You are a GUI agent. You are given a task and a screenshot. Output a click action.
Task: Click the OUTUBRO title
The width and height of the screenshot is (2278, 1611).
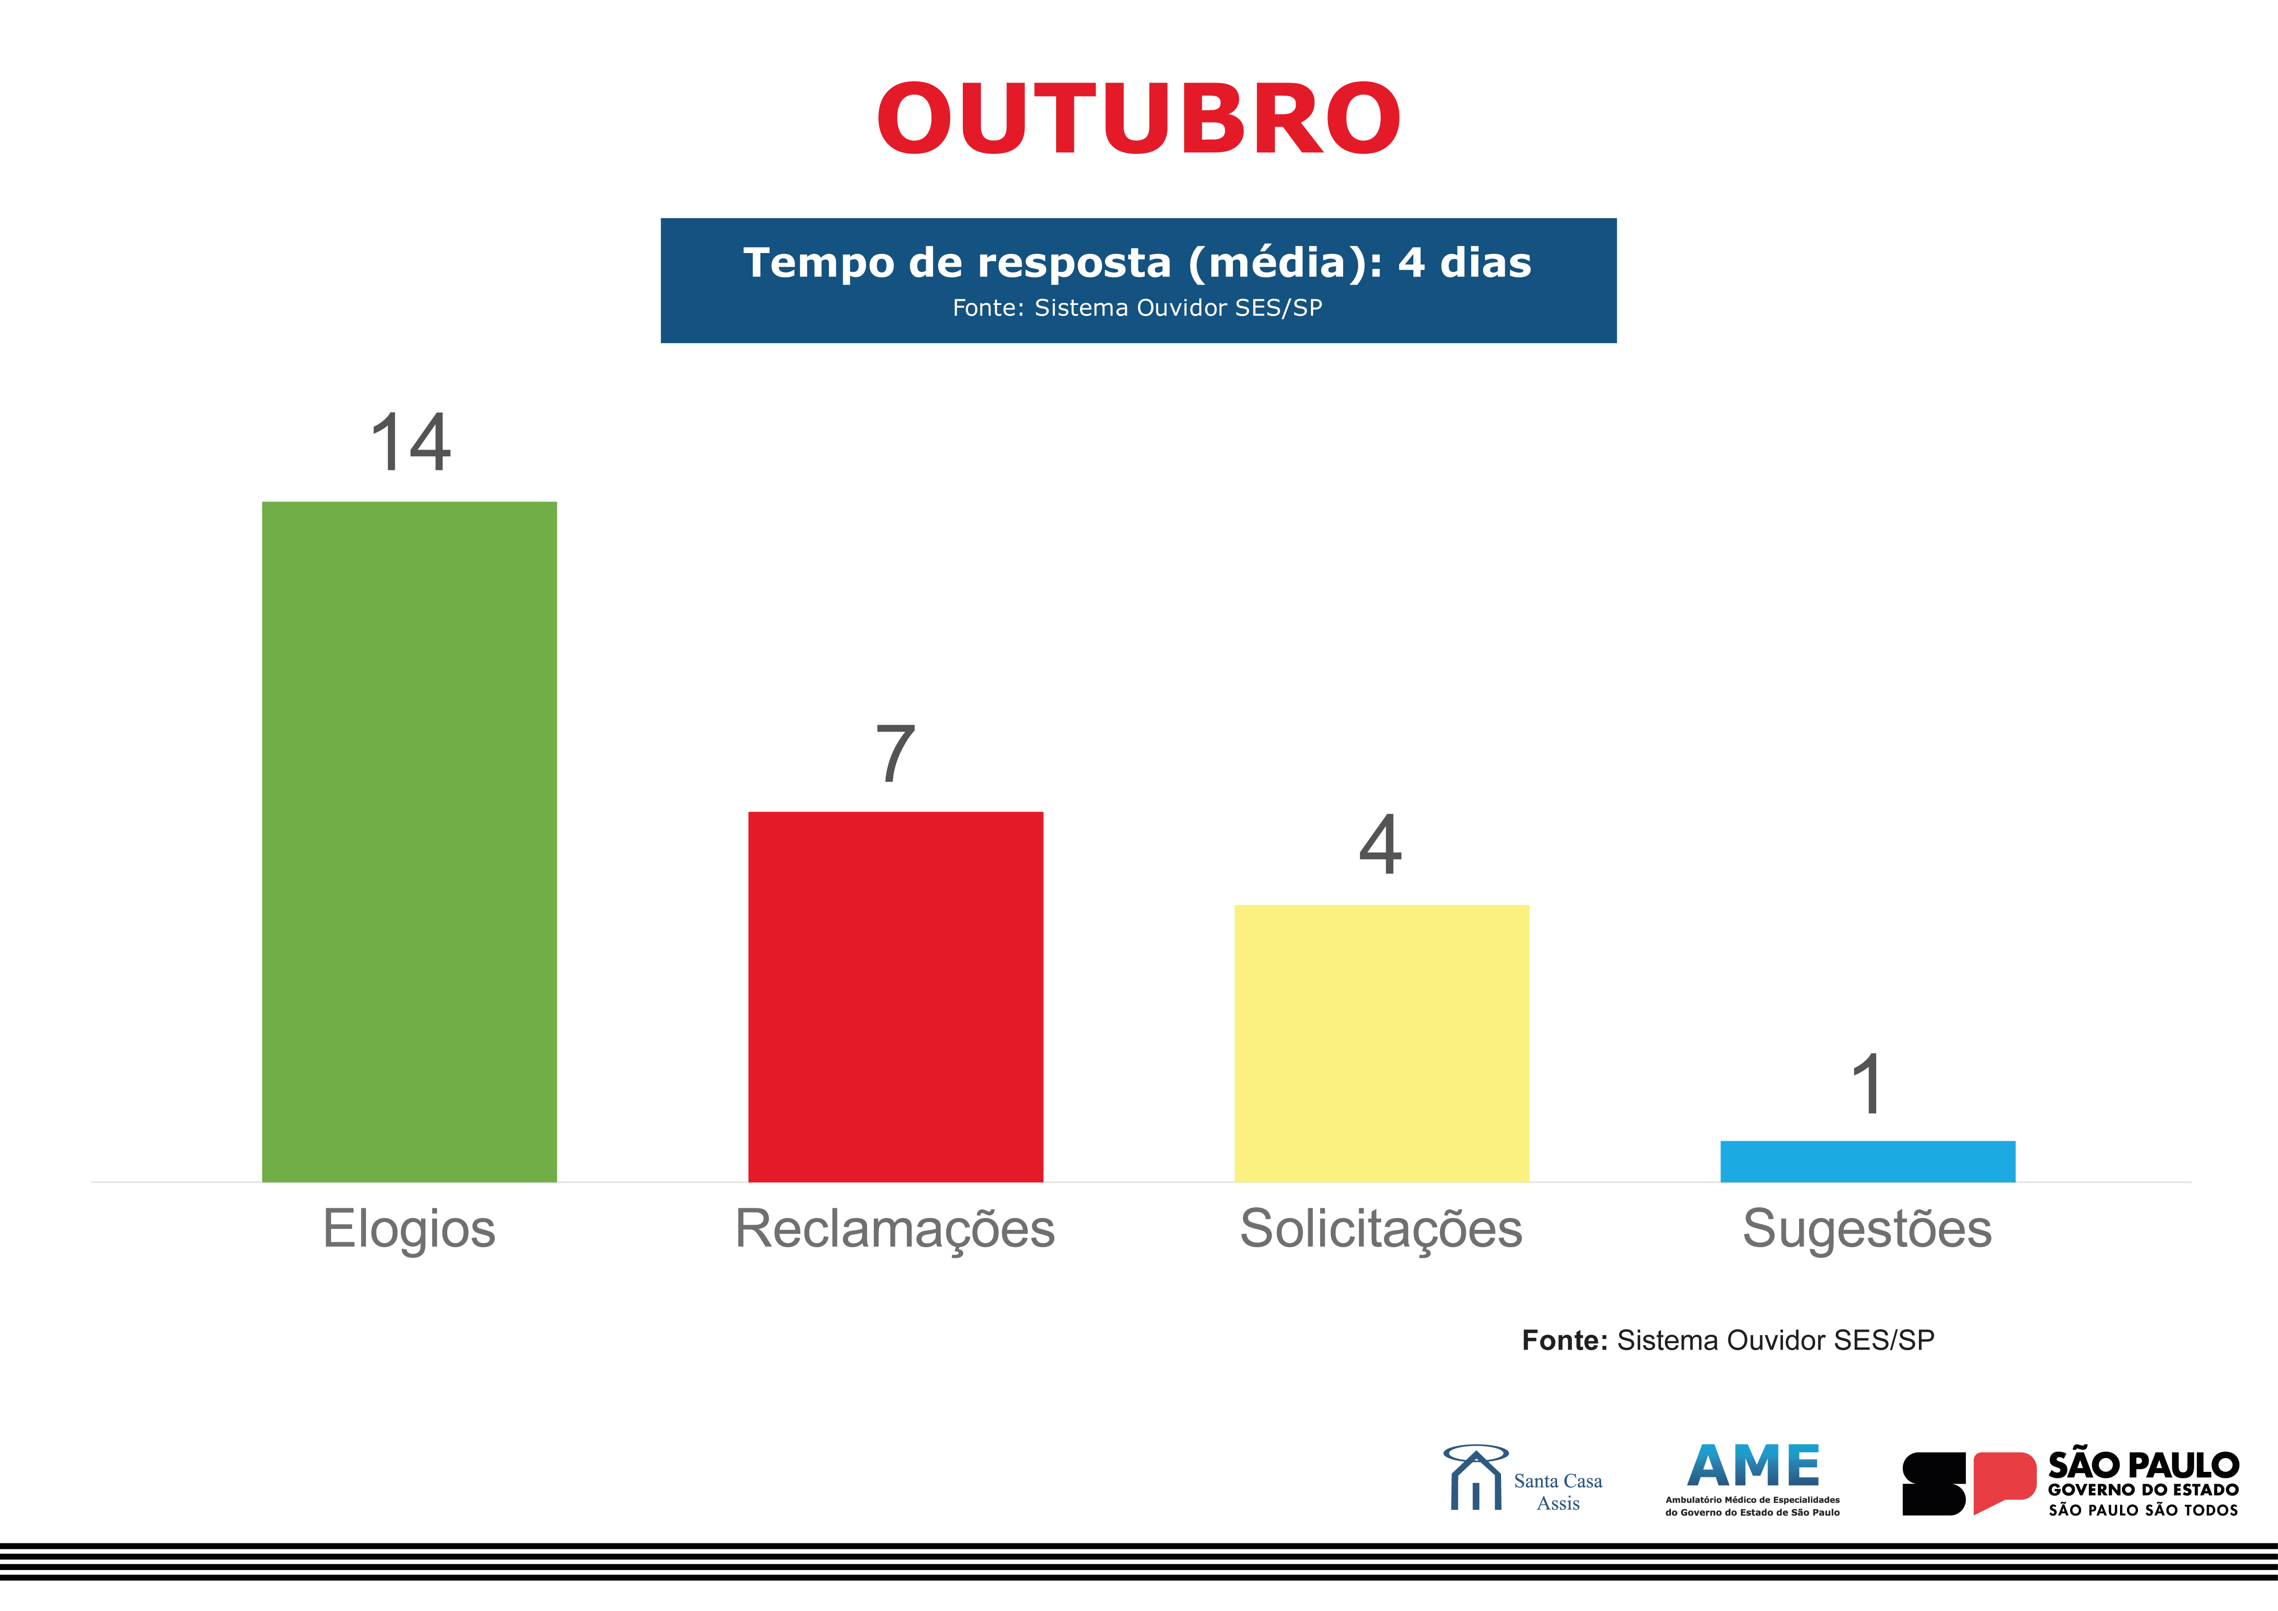[x=1138, y=119]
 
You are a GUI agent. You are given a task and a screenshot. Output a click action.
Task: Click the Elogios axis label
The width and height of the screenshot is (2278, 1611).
[x=409, y=1229]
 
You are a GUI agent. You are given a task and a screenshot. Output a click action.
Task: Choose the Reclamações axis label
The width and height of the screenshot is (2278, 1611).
[x=895, y=1229]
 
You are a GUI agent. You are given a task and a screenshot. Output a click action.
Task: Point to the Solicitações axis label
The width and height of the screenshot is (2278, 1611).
[x=1381, y=1229]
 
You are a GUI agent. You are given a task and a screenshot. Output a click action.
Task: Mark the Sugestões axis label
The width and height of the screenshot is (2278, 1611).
[x=1867, y=1229]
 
